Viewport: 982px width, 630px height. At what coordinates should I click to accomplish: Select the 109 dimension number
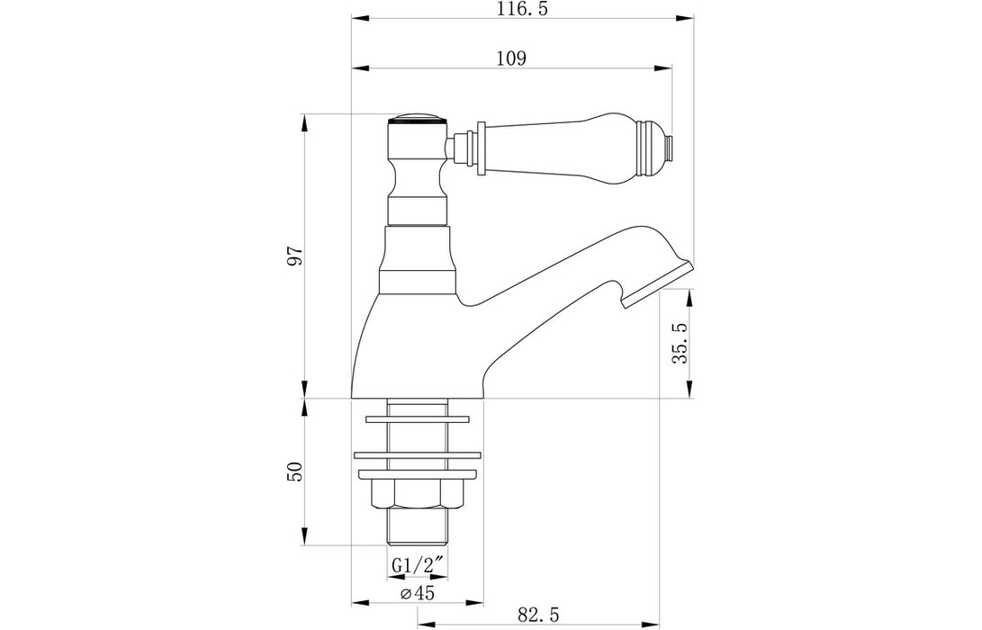pos(510,58)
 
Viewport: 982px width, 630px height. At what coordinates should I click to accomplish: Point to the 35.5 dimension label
pos(680,344)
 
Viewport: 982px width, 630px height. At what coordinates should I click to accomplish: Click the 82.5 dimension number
pos(540,615)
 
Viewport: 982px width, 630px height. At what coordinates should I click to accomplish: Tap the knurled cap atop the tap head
pos(418,119)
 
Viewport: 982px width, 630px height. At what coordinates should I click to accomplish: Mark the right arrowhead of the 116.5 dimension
pos(695,18)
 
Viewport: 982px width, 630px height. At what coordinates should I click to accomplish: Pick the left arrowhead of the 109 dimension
pos(356,67)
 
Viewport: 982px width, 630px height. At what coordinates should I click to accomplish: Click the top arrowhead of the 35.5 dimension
pos(690,294)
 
